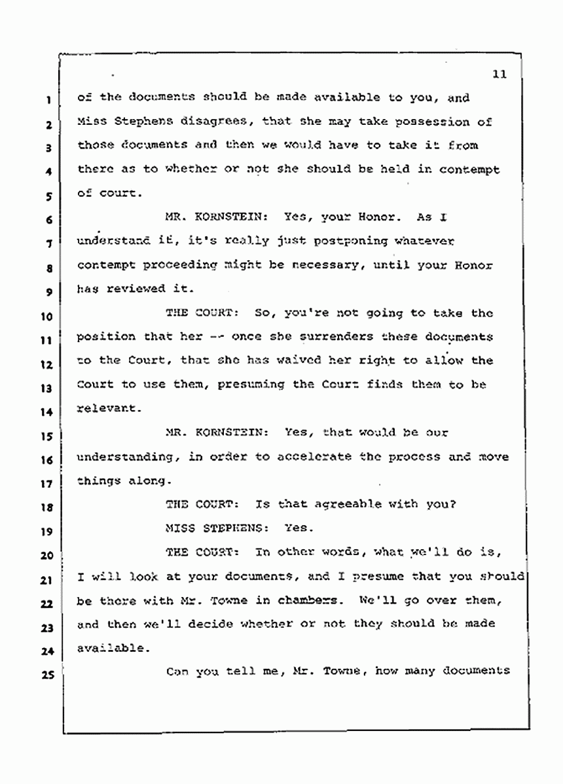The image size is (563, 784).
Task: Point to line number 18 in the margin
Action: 45,506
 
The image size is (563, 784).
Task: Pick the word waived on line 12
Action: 266,360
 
